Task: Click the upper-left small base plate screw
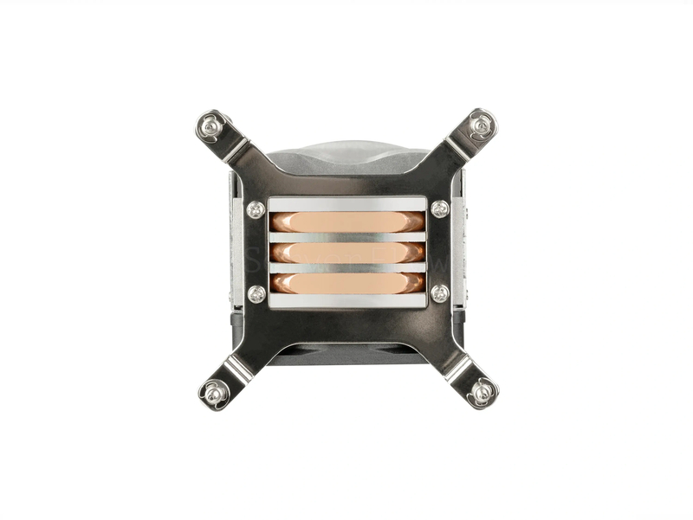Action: (x=256, y=209)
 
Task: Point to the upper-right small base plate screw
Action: (x=439, y=209)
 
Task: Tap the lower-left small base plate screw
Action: (x=256, y=293)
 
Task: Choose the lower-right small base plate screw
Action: (x=439, y=293)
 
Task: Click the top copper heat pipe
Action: (x=346, y=221)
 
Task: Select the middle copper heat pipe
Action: (x=346, y=253)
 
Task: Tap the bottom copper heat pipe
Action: (x=346, y=284)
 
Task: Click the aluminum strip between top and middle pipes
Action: (x=346, y=237)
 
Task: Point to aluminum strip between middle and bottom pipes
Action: (x=346, y=268)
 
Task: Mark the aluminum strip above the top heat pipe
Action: (x=346, y=204)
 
